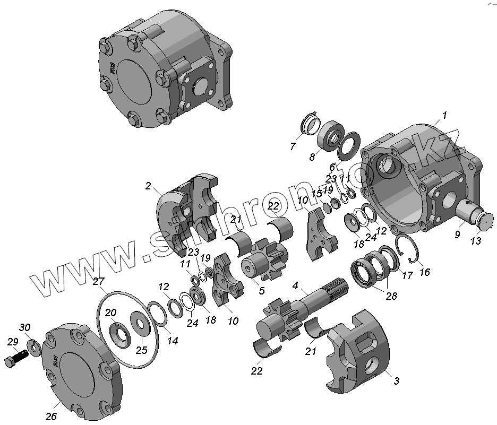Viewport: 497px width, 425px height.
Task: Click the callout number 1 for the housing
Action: point(444,115)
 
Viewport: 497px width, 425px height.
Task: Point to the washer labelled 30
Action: point(34,348)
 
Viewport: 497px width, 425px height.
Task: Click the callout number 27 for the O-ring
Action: point(99,281)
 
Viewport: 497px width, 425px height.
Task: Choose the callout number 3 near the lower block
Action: point(396,380)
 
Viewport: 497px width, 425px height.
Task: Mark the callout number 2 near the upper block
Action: point(149,186)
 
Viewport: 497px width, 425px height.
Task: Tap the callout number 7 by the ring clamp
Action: point(293,146)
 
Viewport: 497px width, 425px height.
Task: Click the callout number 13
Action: point(475,241)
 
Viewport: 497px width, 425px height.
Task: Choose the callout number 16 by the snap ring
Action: point(424,272)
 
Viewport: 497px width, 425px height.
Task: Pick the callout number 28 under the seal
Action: point(391,296)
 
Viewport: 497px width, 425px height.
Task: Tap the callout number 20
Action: point(110,313)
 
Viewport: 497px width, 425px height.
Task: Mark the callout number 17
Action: point(407,275)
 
